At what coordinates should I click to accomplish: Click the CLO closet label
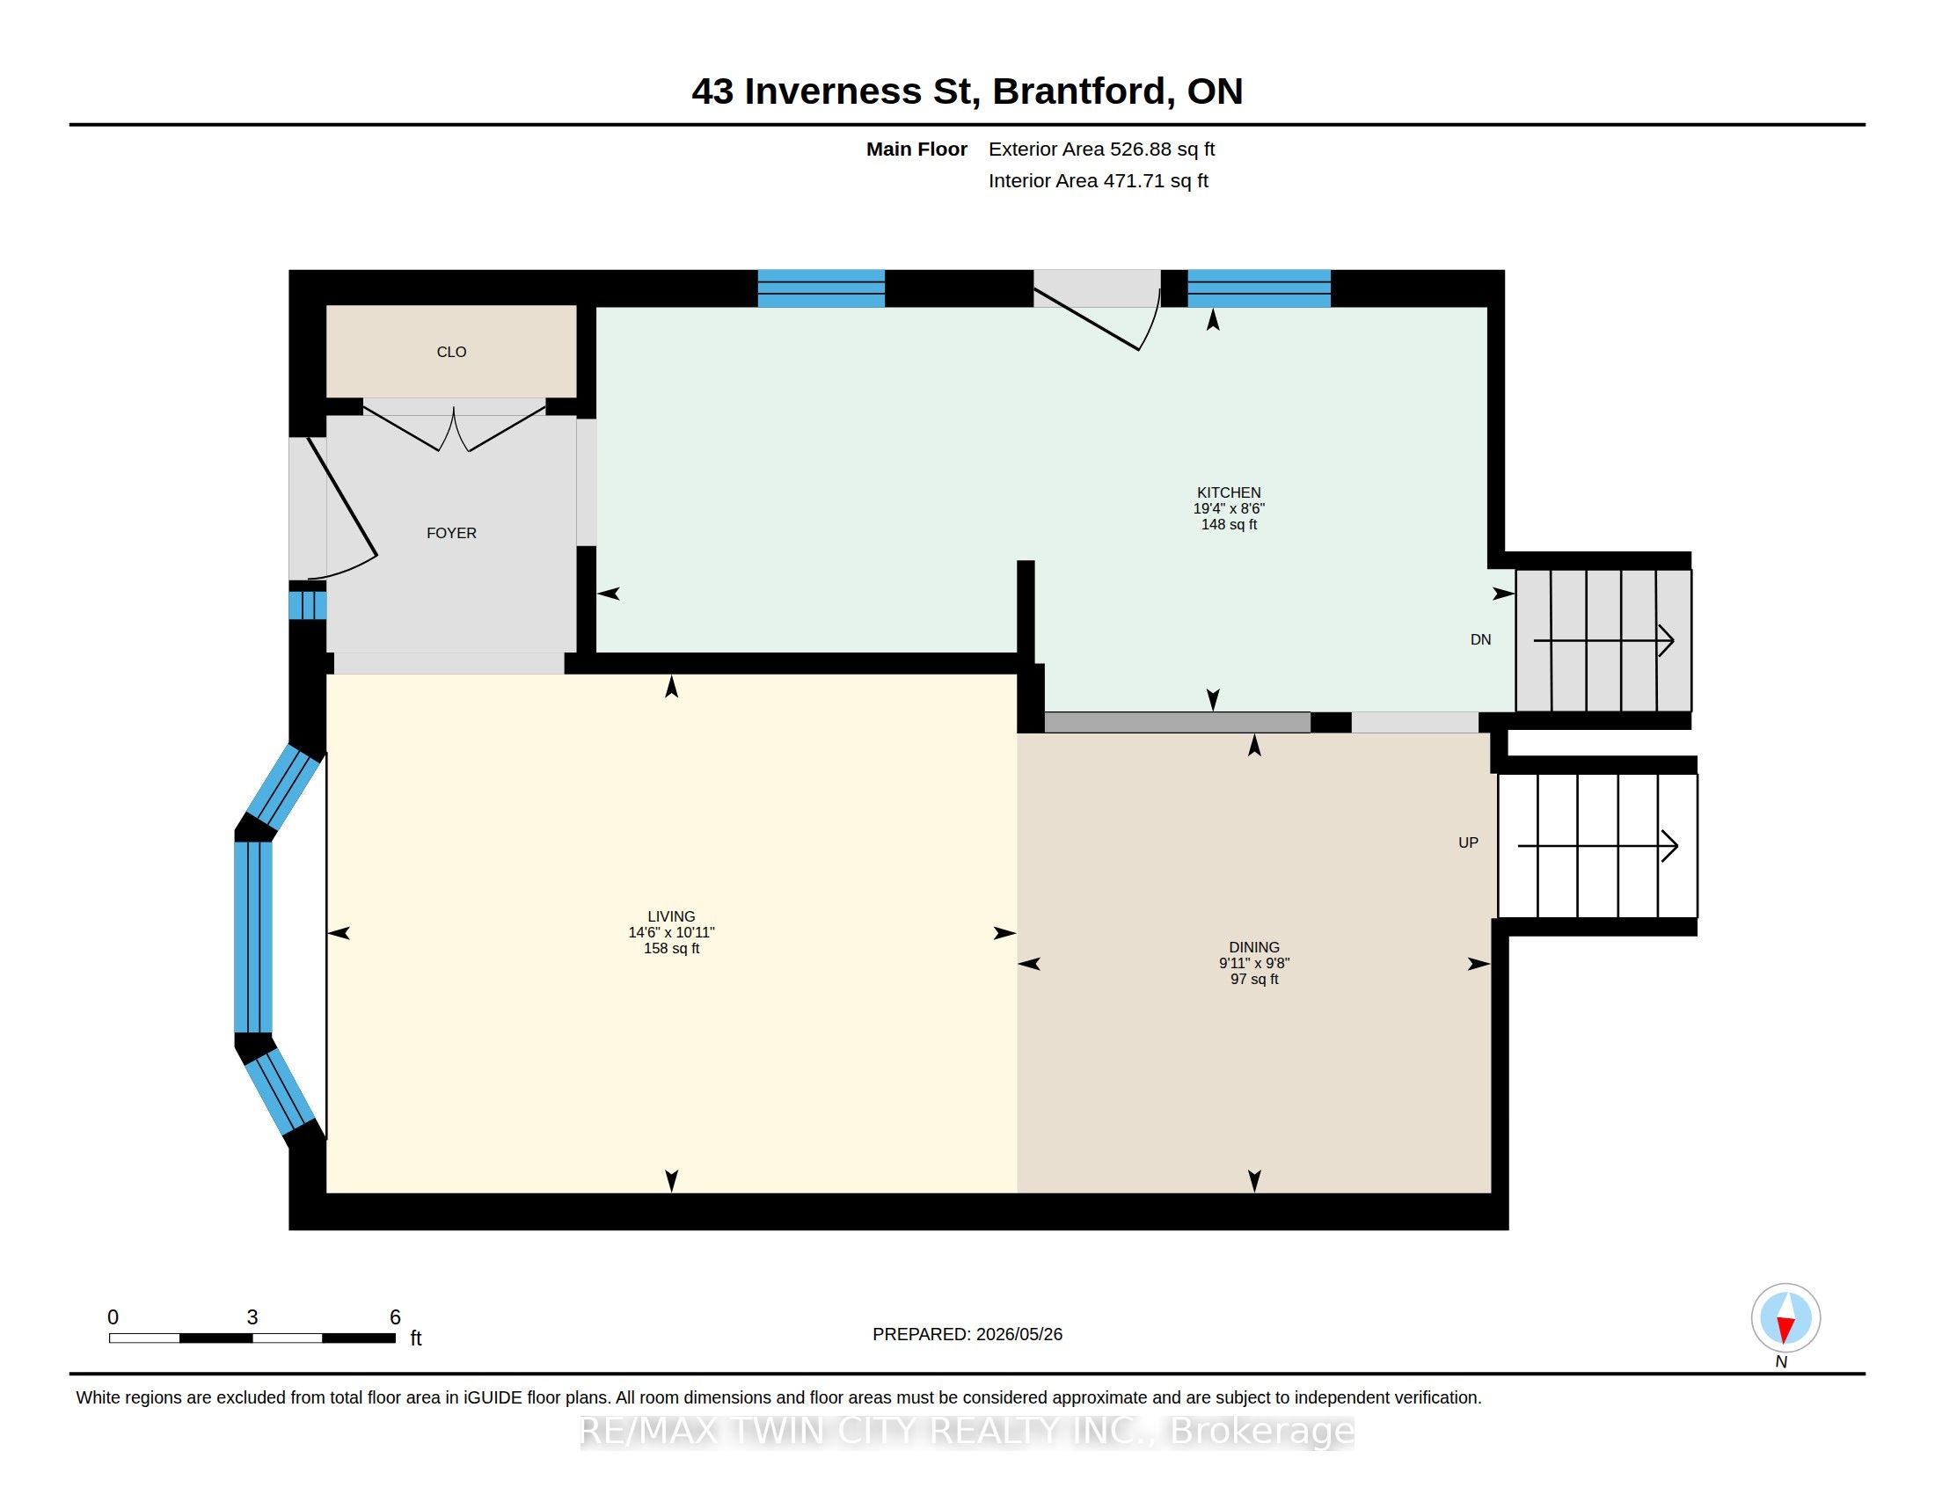click(451, 352)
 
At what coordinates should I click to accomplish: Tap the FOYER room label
click(451, 533)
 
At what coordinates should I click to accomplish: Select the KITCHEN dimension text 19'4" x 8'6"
click(1229, 508)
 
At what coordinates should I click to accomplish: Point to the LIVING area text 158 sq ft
click(672, 949)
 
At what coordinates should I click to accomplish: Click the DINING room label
click(1254, 947)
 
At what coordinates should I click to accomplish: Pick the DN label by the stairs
click(1480, 639)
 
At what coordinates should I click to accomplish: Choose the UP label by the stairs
click(1468, 843)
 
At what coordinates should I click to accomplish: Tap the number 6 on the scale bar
click(395, 1317)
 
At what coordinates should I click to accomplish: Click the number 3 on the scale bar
click(252, 1317)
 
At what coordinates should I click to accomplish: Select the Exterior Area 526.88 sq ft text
click(1101, 149)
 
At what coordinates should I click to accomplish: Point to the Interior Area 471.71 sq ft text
click(1098, 180)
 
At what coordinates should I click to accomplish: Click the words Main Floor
click(916, 149)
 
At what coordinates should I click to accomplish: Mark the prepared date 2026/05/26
click(1019, 1334)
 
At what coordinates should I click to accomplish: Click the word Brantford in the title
click(1079, 91)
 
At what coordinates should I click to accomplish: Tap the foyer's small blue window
click(308, 605)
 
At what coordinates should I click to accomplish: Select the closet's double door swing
click(454, 428)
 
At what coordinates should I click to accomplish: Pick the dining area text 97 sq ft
click(1254, 980)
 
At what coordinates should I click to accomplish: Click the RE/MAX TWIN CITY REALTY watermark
click(967, 1431)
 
